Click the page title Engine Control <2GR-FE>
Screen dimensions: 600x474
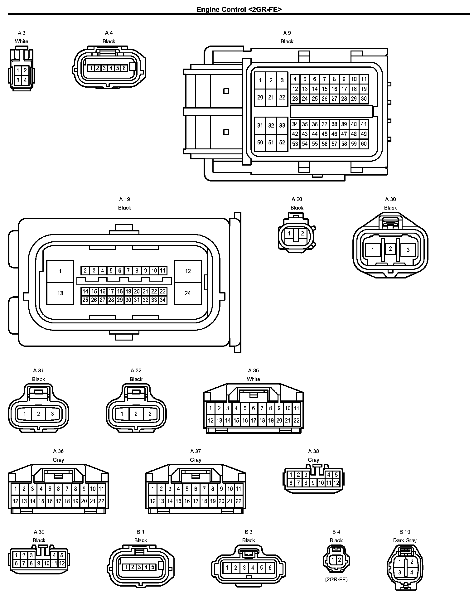239,9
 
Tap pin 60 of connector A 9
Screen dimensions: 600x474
364,144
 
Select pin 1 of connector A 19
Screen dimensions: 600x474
60,271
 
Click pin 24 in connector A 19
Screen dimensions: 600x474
188,293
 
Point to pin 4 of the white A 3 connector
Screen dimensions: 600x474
25,80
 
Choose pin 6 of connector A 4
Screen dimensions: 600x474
124,68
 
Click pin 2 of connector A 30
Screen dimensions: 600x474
390,249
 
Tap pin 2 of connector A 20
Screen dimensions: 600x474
302,233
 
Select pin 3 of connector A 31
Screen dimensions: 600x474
52,414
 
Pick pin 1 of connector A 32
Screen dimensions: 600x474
122,414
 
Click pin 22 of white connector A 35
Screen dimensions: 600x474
296,420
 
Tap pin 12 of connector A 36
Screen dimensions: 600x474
15,501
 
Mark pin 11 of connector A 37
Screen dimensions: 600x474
238,489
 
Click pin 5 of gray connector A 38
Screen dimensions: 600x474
336,475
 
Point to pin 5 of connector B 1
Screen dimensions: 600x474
153,567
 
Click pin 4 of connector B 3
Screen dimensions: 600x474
253,568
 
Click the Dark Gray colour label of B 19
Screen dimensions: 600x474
405,540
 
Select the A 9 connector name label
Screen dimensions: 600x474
287,33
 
